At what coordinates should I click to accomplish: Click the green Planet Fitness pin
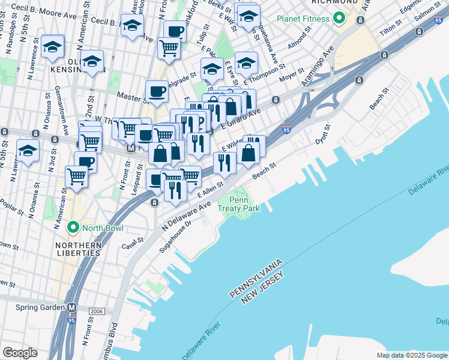coord(338,19)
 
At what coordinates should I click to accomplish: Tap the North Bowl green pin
coord(73,227)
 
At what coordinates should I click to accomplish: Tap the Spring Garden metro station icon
coord(72,308)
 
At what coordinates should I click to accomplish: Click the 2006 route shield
coord(96,311)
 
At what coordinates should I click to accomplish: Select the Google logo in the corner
coord(20,352)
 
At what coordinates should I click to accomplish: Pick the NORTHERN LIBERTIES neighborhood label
coord(77,249)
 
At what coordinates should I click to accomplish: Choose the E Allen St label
coord(210,193)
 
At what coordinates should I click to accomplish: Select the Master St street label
coord(129,95)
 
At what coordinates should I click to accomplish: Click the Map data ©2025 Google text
coord(412,355)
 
